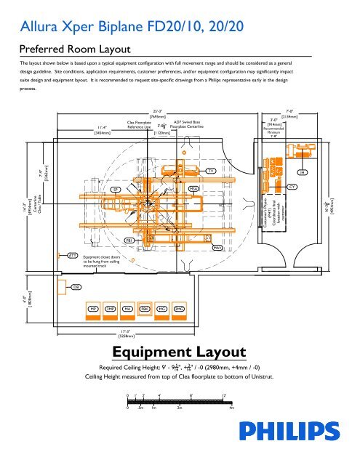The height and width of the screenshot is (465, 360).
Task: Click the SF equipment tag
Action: point(115,188)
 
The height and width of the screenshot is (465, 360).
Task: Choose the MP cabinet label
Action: point(93,308)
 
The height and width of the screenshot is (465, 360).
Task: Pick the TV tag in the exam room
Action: point(211,171)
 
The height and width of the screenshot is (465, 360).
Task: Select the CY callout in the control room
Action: point(292,187)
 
